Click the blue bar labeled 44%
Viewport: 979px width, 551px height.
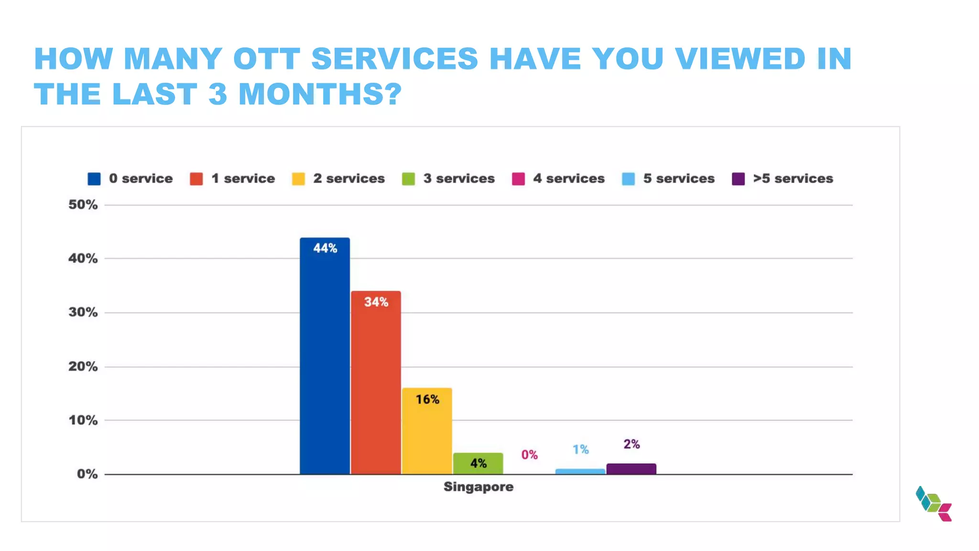point(325,356)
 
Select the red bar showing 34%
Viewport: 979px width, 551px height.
point(376,383)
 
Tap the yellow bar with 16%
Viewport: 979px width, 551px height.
point(427,431)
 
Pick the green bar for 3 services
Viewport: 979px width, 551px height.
point(478,463)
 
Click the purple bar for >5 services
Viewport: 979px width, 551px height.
point(631,469)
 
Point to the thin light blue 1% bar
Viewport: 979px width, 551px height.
point(580,472)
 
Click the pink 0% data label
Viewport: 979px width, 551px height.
point(529,454)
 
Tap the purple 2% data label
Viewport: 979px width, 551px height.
point(631,444)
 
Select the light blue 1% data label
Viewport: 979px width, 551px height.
point(580,449)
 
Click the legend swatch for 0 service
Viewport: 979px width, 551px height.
point(94,179)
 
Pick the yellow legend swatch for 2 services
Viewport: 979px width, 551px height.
point(298,179)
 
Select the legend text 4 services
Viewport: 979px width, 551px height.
point(568,178)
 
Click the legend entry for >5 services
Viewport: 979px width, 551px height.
point(793,178)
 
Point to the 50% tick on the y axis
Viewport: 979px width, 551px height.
point(83,205)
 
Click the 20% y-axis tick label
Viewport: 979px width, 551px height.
point(83,366)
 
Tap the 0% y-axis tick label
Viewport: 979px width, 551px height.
point(87,474)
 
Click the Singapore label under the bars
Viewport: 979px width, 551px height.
point(478,487)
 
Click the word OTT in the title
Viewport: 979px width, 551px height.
point(266,59)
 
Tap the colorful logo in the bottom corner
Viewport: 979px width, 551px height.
point(933,504)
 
